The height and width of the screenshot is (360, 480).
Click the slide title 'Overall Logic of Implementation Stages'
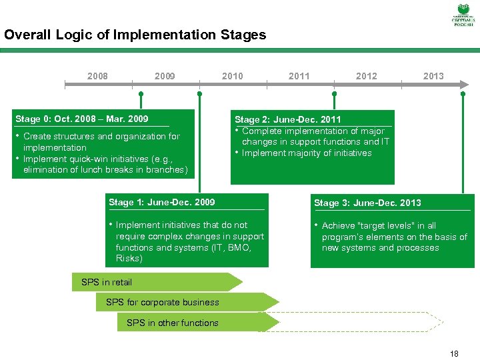[x=135, y=35]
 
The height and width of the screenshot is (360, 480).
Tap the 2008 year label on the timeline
[x=97, y=76]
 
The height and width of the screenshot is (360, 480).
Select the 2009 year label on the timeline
[x=165, y=76]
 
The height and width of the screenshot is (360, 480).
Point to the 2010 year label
[x=232, y=76]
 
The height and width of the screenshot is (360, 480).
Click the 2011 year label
[x=299, y=76]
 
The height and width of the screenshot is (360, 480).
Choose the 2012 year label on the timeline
[x=366, y=76]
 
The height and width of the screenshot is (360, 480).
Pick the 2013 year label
[x=433, y=76]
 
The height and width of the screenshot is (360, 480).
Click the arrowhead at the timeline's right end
[x=465, y=85]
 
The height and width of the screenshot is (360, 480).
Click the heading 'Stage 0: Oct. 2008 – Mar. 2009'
[x=81, y=119]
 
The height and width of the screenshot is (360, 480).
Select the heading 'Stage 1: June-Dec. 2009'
[x=161, y=202]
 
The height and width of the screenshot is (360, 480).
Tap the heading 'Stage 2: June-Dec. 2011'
[x=287, y=120]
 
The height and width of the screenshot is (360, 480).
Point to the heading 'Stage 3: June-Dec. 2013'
[x=367, y=203]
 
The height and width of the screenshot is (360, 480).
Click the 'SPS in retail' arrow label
[x=107, y=282]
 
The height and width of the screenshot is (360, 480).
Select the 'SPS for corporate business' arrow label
[x=162, y=302]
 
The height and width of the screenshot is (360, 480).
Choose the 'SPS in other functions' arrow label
[x=172, y=323]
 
